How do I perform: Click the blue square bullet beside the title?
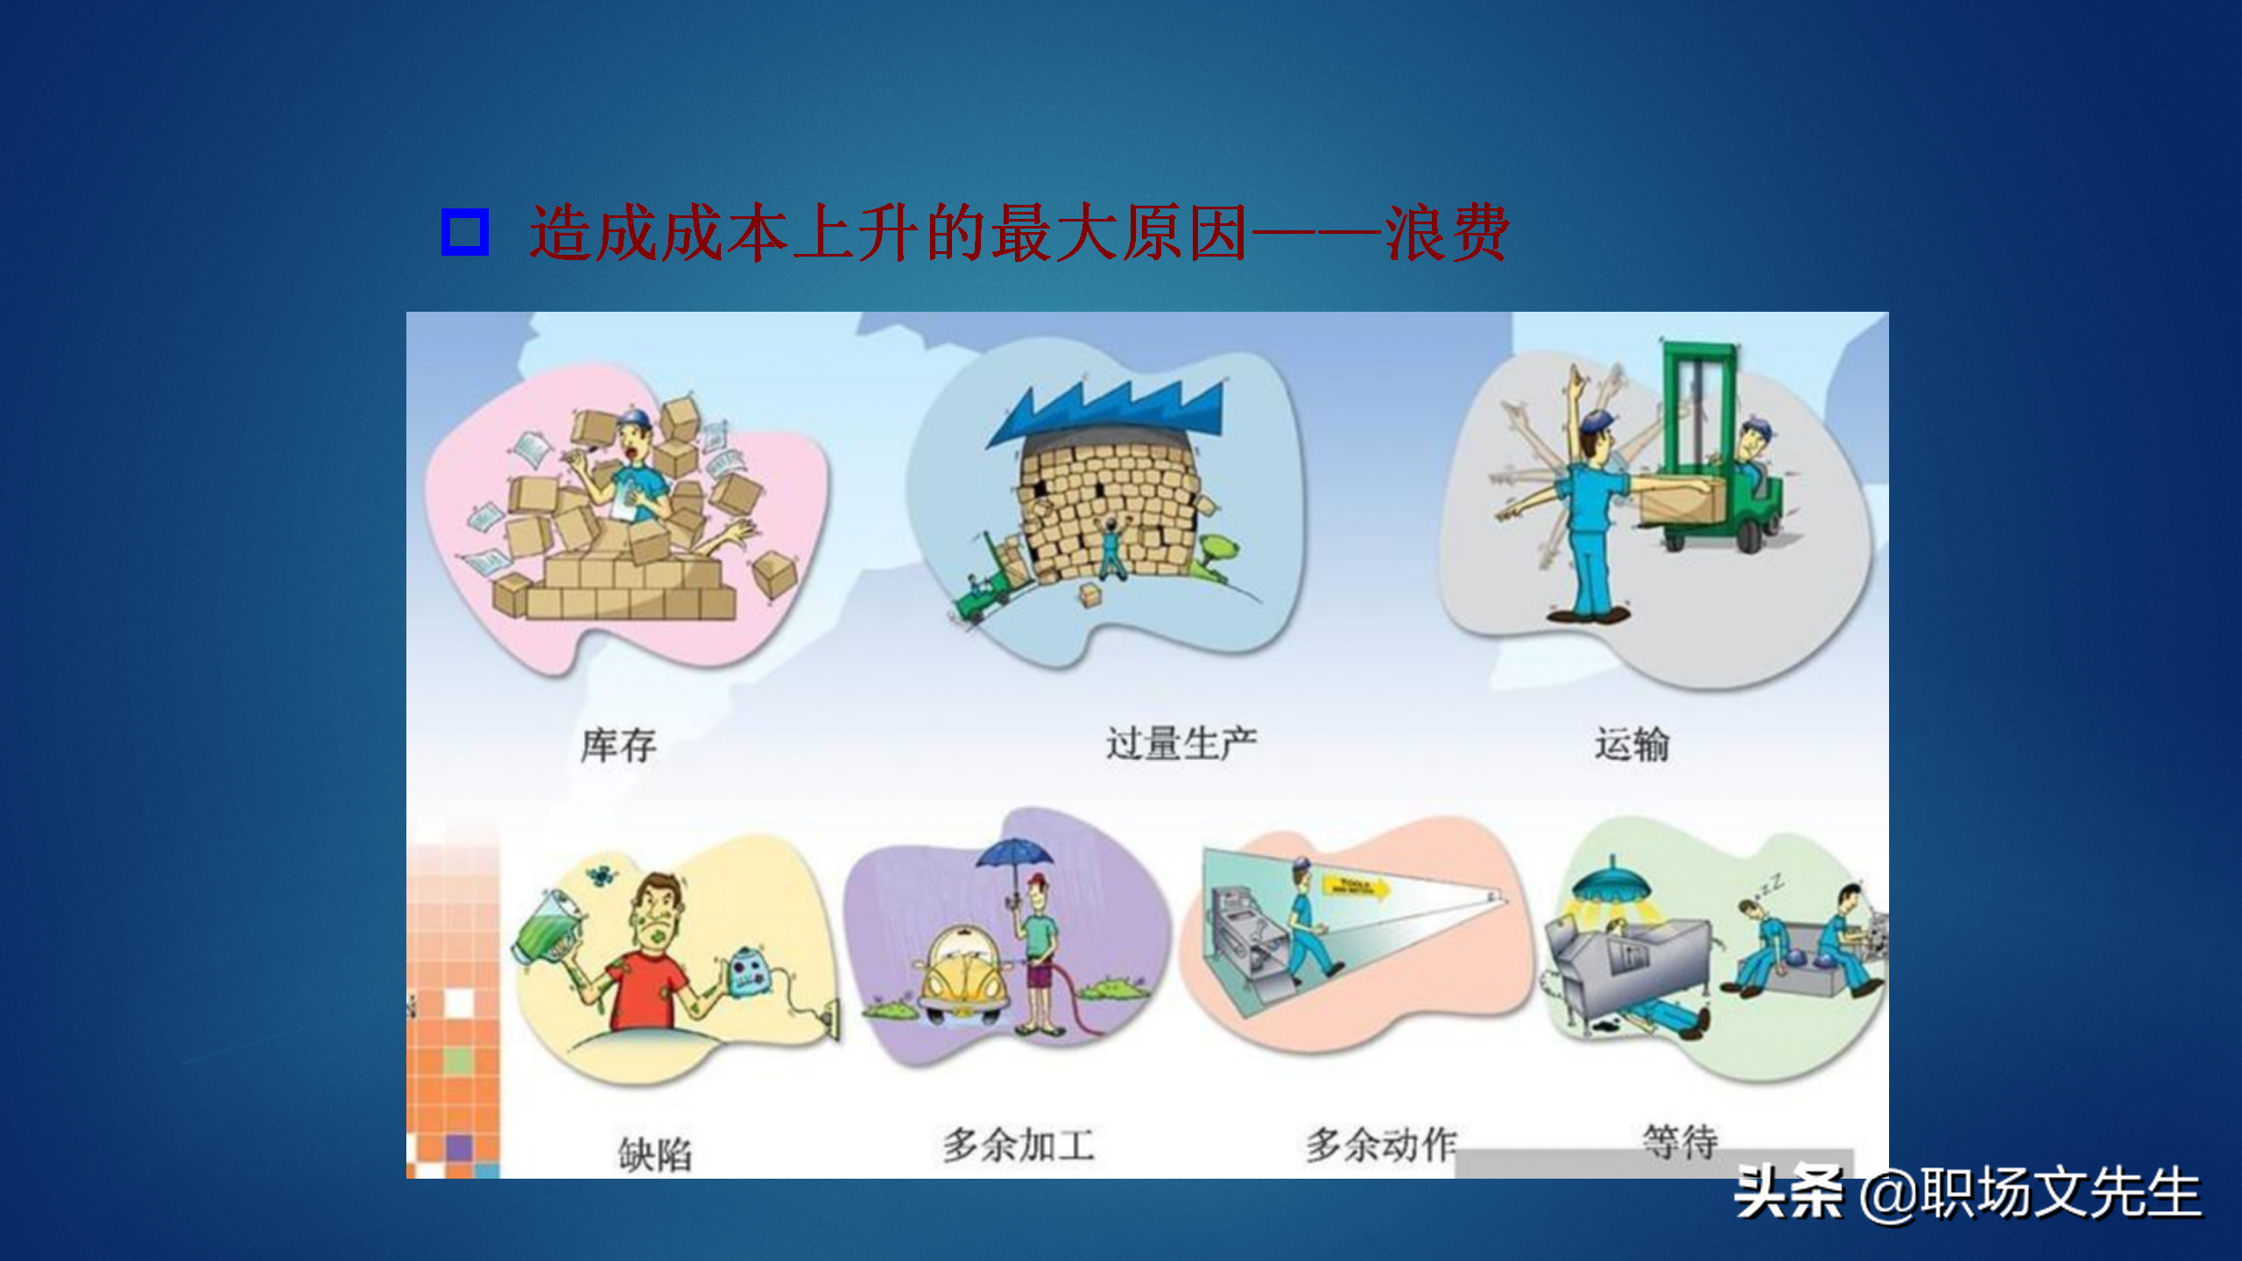(464, 232)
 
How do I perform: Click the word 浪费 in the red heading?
(1446, 233)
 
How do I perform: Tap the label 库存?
(618, 745)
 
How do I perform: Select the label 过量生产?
(1181, 743)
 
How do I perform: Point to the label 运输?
(1632, 744)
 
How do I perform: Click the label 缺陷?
(655, 1154)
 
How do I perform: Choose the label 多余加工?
(1019, 1145)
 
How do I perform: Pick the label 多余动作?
(1381, 1145)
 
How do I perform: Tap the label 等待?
(1680, 1141)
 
